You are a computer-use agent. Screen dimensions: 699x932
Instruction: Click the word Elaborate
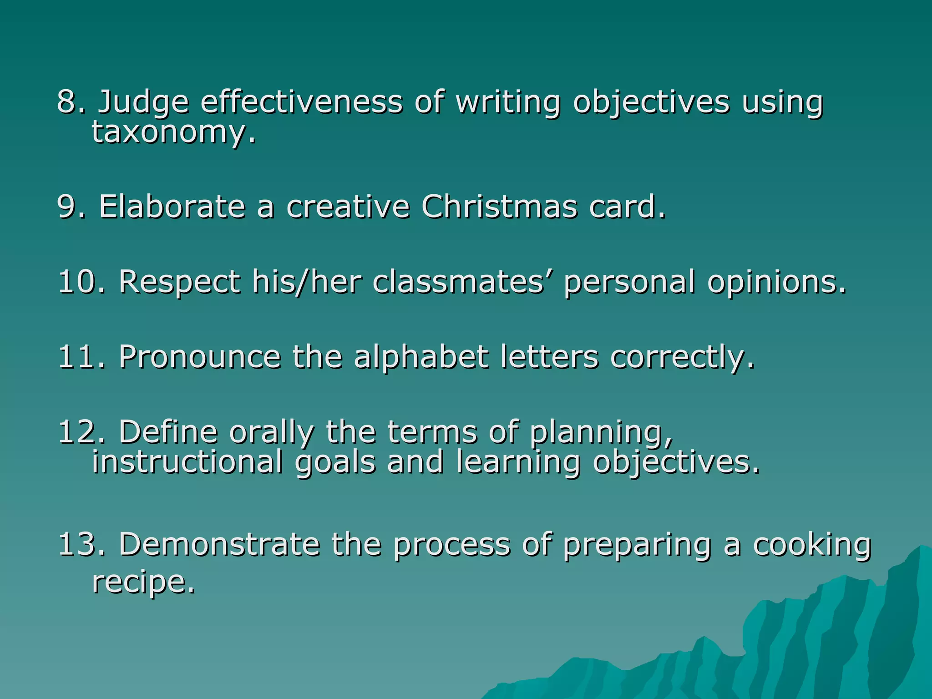point(172,207)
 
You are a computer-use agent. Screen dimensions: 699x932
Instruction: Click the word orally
point(271,432)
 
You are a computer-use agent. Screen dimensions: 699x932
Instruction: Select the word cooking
point(812,545)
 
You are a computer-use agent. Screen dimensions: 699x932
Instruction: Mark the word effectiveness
point(301,102)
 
